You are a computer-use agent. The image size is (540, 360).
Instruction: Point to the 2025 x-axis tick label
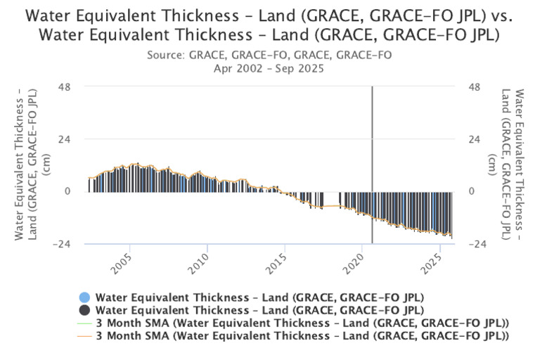pos(437,268)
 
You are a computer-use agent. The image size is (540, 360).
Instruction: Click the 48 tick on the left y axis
pos(74,86)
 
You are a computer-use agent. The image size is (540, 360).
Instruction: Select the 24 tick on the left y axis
pos(74,139)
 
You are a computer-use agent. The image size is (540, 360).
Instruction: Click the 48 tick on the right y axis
pos(473,86)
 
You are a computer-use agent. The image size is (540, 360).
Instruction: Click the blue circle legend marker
pos(84,297)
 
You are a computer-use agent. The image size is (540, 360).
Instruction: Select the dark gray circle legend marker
pos(84,310)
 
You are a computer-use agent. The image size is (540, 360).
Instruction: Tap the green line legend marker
pos(84,323)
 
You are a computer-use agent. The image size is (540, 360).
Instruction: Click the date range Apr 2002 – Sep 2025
pos(270,67)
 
